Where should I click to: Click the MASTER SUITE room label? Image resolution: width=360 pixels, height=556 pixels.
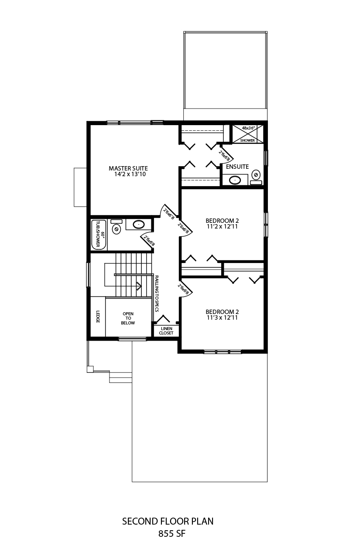pyautogui.click(x=128, y=168)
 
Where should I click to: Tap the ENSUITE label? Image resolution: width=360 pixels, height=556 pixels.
pyautogui.click(x=237, y=167)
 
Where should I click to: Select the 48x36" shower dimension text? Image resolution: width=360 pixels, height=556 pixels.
pyautogui.click(x=249, y=128)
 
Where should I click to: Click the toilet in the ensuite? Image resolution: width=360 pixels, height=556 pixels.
pyautogui.click(x=256, y=177)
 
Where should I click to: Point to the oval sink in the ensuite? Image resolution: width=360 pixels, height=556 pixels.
pyautogui.click(x=235, y=180)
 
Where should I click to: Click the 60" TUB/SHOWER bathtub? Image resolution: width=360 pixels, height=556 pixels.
pyautogui.click(x=99, y=235)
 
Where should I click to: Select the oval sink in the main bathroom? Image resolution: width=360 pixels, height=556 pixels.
pyautogui.click(x=138, y=225)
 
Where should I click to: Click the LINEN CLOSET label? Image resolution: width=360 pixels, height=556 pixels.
pyautogui.click(x=166, y=331)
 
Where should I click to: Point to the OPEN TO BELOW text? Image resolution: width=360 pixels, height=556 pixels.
pyautogui.click(x=128, y=318)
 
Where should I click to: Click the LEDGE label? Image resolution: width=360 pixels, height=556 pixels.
pyautogui.click(x=98, y=317)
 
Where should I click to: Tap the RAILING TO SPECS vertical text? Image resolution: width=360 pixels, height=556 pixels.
pyautogui.click(x=157, y=293)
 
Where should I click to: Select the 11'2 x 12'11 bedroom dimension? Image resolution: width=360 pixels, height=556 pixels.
pyautogui.click(x=222, y=226)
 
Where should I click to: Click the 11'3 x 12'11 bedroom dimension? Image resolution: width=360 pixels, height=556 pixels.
pyautogui.click(x=222, y=317)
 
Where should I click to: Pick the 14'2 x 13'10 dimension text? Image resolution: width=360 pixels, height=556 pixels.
pyautogui.click(x=130, y=174)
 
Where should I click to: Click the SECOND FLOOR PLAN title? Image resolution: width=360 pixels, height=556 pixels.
pyautogui.click(x=168, y=521)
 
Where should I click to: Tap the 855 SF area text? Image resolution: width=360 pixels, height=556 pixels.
pyautogui.click(x=172, y=533)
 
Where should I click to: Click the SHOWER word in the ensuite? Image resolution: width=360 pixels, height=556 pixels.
pyautogui.click(x=247, y=140)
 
